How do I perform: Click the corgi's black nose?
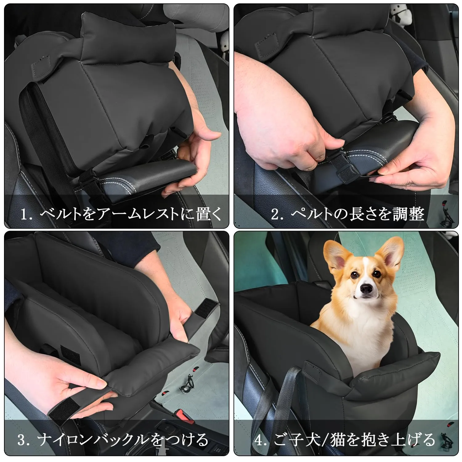point(366,289)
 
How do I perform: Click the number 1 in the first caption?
point(25,214)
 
